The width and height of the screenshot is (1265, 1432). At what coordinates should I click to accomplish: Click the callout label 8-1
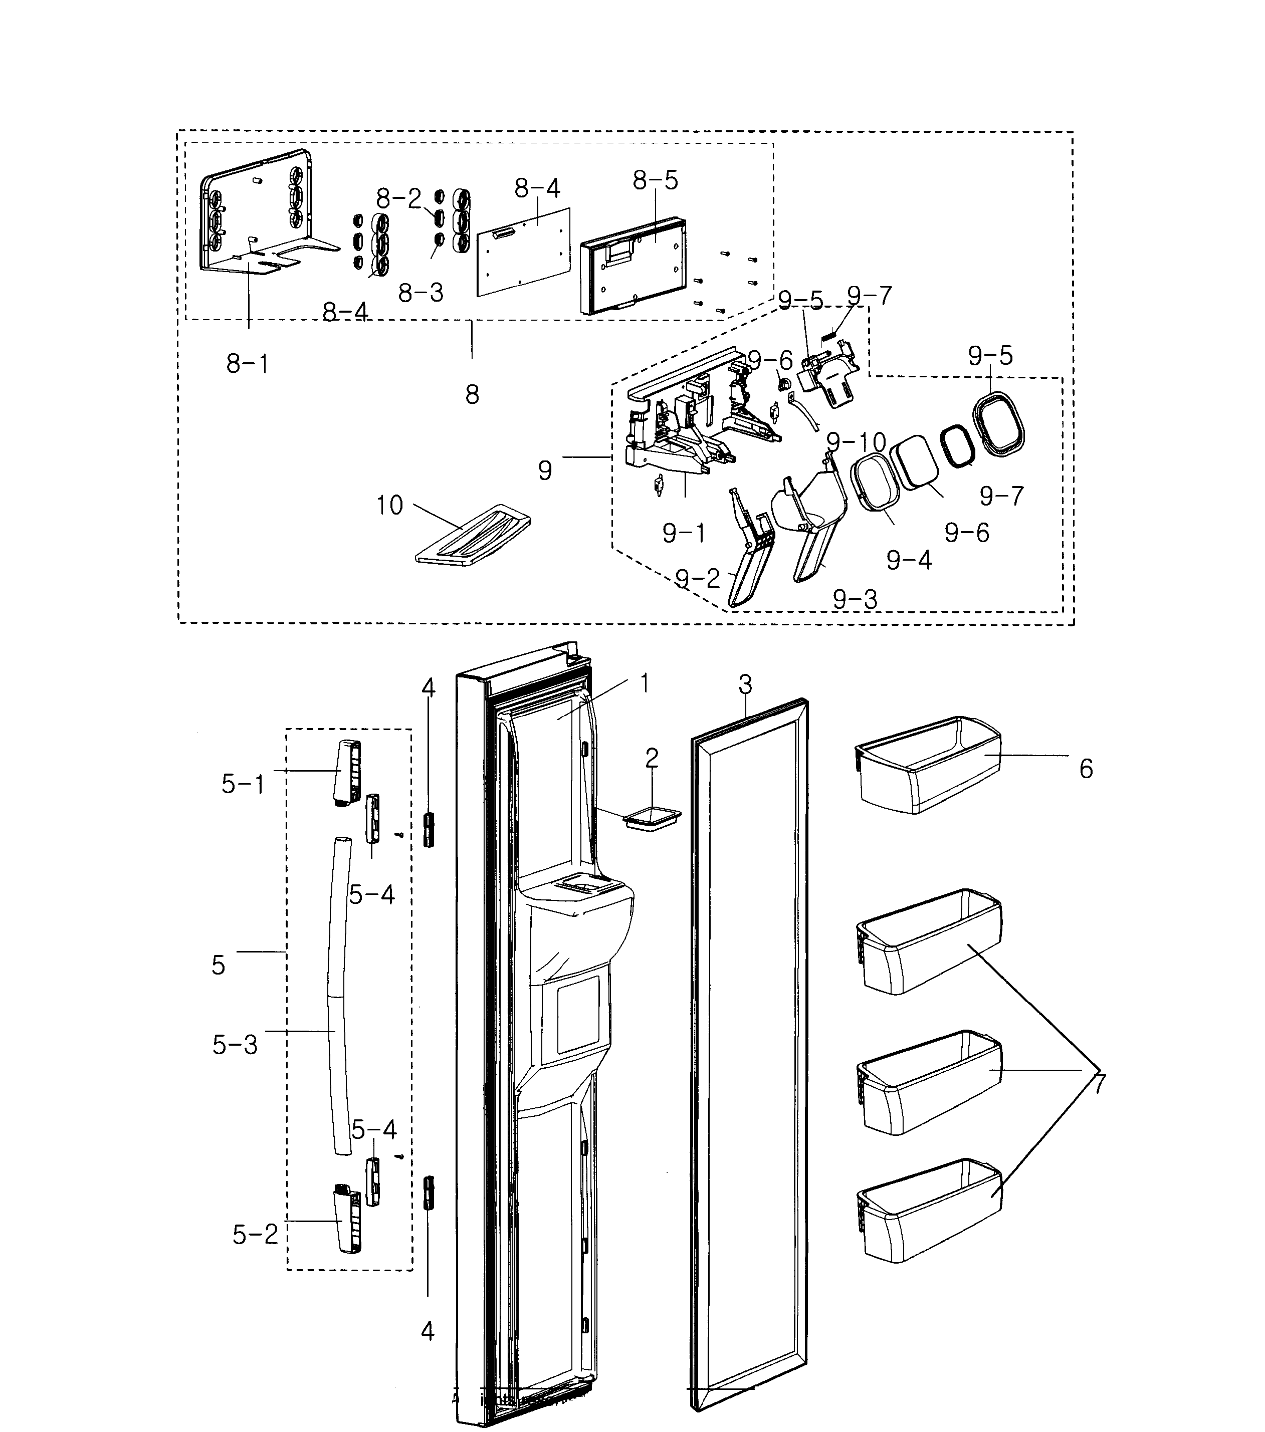click(248, 364)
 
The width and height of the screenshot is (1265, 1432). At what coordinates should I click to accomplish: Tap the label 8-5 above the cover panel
click(655, 181)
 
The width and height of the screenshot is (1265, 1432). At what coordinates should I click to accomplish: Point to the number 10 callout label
click(389, 505)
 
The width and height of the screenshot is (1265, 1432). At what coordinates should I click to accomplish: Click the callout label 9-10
click(856, 442)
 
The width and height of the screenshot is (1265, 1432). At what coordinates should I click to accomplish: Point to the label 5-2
click(255, 1254)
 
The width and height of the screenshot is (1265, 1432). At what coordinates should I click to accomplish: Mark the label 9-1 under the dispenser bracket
click(684, 534)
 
